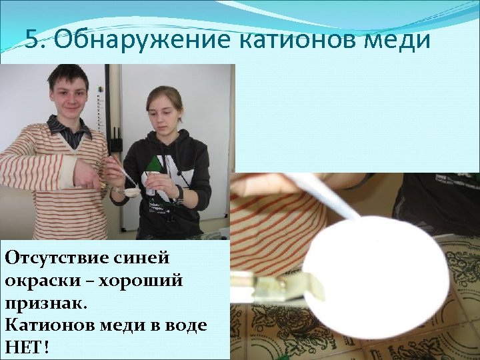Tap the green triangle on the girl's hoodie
[x=155, y=164]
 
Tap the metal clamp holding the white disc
[x=287, y=285]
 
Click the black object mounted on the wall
[x=115, y=141]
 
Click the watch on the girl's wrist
[x=179, y=193]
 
